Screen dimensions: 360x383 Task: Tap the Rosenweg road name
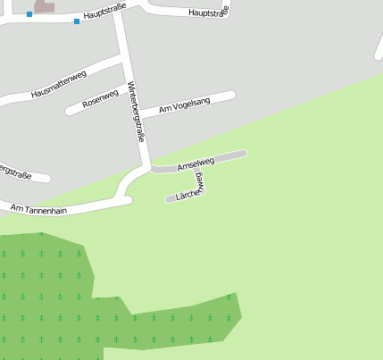(x=100, y=99)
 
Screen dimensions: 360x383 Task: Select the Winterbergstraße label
(x=137, y=112)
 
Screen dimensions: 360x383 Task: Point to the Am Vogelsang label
(x=185, y=105)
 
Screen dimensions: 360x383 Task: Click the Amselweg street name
(x=196, y=163)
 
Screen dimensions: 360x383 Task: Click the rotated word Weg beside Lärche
(x=202, y=180)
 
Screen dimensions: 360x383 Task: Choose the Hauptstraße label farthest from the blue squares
(x=210, y=13)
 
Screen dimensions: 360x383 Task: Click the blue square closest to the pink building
(x=29, y=14)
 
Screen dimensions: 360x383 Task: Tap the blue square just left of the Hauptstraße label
(x=77, y=21)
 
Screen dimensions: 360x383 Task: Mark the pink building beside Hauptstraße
(x=44, y=6)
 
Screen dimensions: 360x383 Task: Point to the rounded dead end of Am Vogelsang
(x=232, y=94)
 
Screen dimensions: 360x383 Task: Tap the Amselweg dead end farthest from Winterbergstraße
(x=243, y=153)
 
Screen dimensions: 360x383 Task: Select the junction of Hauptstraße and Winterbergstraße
(x=117, y=13)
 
